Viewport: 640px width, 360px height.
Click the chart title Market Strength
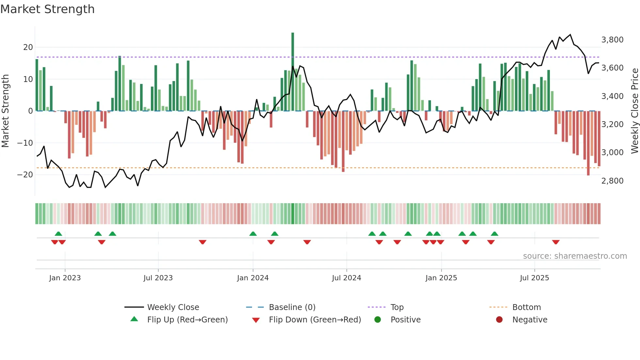click(x=47, y=9)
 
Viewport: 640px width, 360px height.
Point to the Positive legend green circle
click(x=377, y=320)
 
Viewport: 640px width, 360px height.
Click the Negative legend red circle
click(x=499, y=320)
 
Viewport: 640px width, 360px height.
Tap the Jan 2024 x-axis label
click(x=253, y=278)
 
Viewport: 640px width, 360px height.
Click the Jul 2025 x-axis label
click(x=534, y=278)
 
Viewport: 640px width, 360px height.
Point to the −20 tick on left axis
click(x=25, y=175)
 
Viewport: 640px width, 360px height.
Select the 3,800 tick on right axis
click(x=612, y=40)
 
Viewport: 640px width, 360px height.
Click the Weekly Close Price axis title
click(x=634, y=111)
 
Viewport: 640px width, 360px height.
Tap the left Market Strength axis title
click(x=5, y=111)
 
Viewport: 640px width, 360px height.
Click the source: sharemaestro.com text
click(x=575, y=256)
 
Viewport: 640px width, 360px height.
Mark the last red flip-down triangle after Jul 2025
click(x=556, y=242)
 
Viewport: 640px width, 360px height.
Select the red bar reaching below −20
click(x=588, y=144)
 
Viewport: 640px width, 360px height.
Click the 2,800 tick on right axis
click(x=612, y=181)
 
